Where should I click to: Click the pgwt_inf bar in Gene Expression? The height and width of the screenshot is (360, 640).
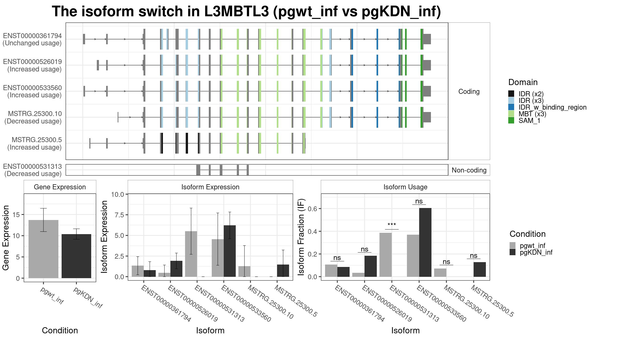point(43,249)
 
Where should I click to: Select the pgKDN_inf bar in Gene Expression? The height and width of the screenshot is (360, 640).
point(76,256)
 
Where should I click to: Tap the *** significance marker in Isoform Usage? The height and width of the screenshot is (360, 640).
point(392,225)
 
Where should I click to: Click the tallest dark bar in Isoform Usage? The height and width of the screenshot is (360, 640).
point(425,242)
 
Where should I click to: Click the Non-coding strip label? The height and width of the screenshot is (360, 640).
point(469,170)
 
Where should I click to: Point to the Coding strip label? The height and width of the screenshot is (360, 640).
point(469,91)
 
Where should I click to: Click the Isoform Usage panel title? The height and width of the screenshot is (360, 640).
point(405,187)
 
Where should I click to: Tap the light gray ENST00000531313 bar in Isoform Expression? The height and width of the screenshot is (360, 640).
point(191,254)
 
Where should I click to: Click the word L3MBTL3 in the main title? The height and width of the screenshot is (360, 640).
point(237,11)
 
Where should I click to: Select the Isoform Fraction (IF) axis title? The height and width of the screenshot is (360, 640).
point(301,237)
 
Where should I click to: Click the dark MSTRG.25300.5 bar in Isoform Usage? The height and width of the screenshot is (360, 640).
point(479,269)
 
